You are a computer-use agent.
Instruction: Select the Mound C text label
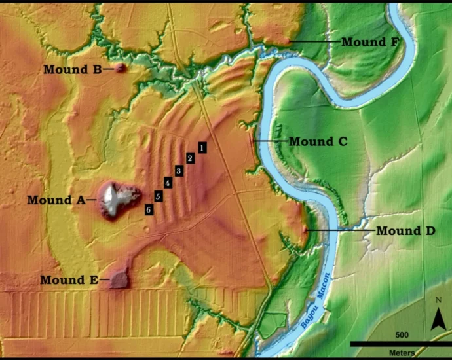tap(318, 141)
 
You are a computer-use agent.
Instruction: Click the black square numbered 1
tap(202, 147)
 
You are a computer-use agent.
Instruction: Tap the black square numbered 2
tap(190, 158)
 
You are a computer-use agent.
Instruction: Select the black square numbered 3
tap(178, 171)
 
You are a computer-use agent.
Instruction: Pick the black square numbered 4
tap(168, 183)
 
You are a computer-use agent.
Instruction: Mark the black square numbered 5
tap(158, 196)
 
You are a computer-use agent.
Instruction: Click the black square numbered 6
tap(149, 209)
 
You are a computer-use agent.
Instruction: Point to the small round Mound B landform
tap(121, 68)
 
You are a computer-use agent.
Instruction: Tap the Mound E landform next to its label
tap(119, 279)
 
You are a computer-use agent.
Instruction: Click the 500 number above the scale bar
tap(401, 334)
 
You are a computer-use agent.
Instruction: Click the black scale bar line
tap(400, 343)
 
